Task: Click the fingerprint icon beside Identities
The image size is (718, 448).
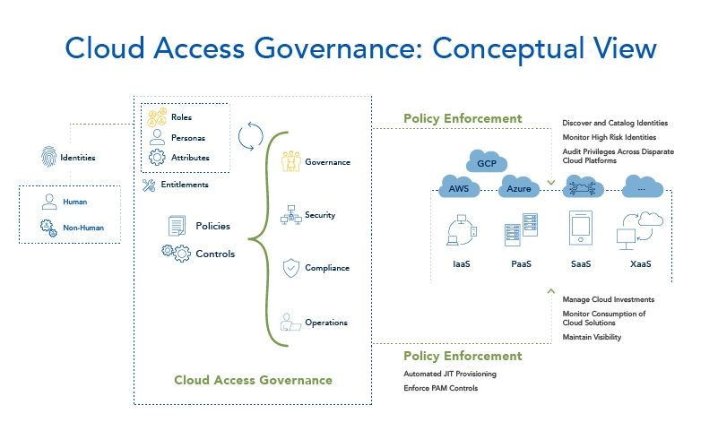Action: tap(47, 157)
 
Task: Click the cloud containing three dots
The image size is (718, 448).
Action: tap(641, 188)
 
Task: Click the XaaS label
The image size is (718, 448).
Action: tap(639, 264)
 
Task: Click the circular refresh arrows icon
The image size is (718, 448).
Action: tap(250, 137)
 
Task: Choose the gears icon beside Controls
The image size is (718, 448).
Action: tap(175, 254)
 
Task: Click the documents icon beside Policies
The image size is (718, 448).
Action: tap(177, 226)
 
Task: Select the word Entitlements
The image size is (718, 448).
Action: tap(186, 185)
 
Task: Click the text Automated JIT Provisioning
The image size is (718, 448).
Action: tap(450, 374)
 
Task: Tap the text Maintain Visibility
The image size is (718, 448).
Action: tap(592, 337)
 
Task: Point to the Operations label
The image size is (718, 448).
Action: tap(326, 323)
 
